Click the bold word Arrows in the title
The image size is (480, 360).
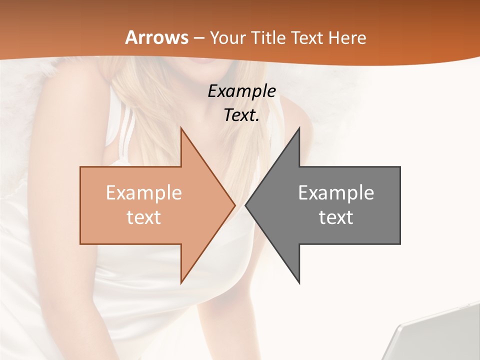click(x=157, y=37)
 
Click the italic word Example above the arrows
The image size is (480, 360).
click(x=242, y=91)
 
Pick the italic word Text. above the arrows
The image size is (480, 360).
click(x=242, y=115)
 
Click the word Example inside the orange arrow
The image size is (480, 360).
click(x=144, y=193)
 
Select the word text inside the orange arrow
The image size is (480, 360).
click(x=144, y=217)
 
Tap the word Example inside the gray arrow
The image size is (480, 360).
click(x=336, y=193)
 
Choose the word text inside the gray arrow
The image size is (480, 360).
click(x=336, y=217)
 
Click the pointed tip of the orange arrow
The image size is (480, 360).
click(x=235, y=205)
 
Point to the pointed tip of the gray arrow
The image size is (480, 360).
click(x=246, y=205)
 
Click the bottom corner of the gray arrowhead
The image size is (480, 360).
click(x=299, y=283)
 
